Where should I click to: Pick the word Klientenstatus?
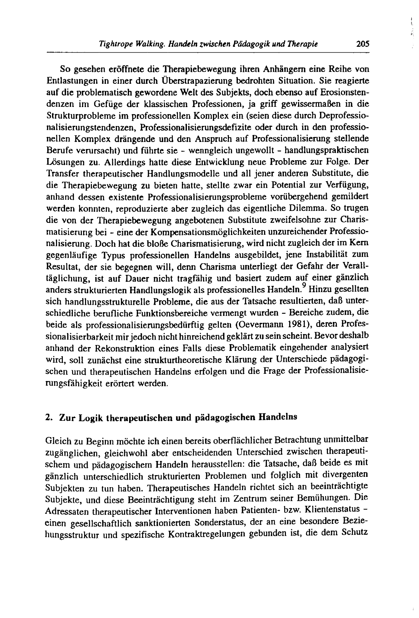332,509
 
